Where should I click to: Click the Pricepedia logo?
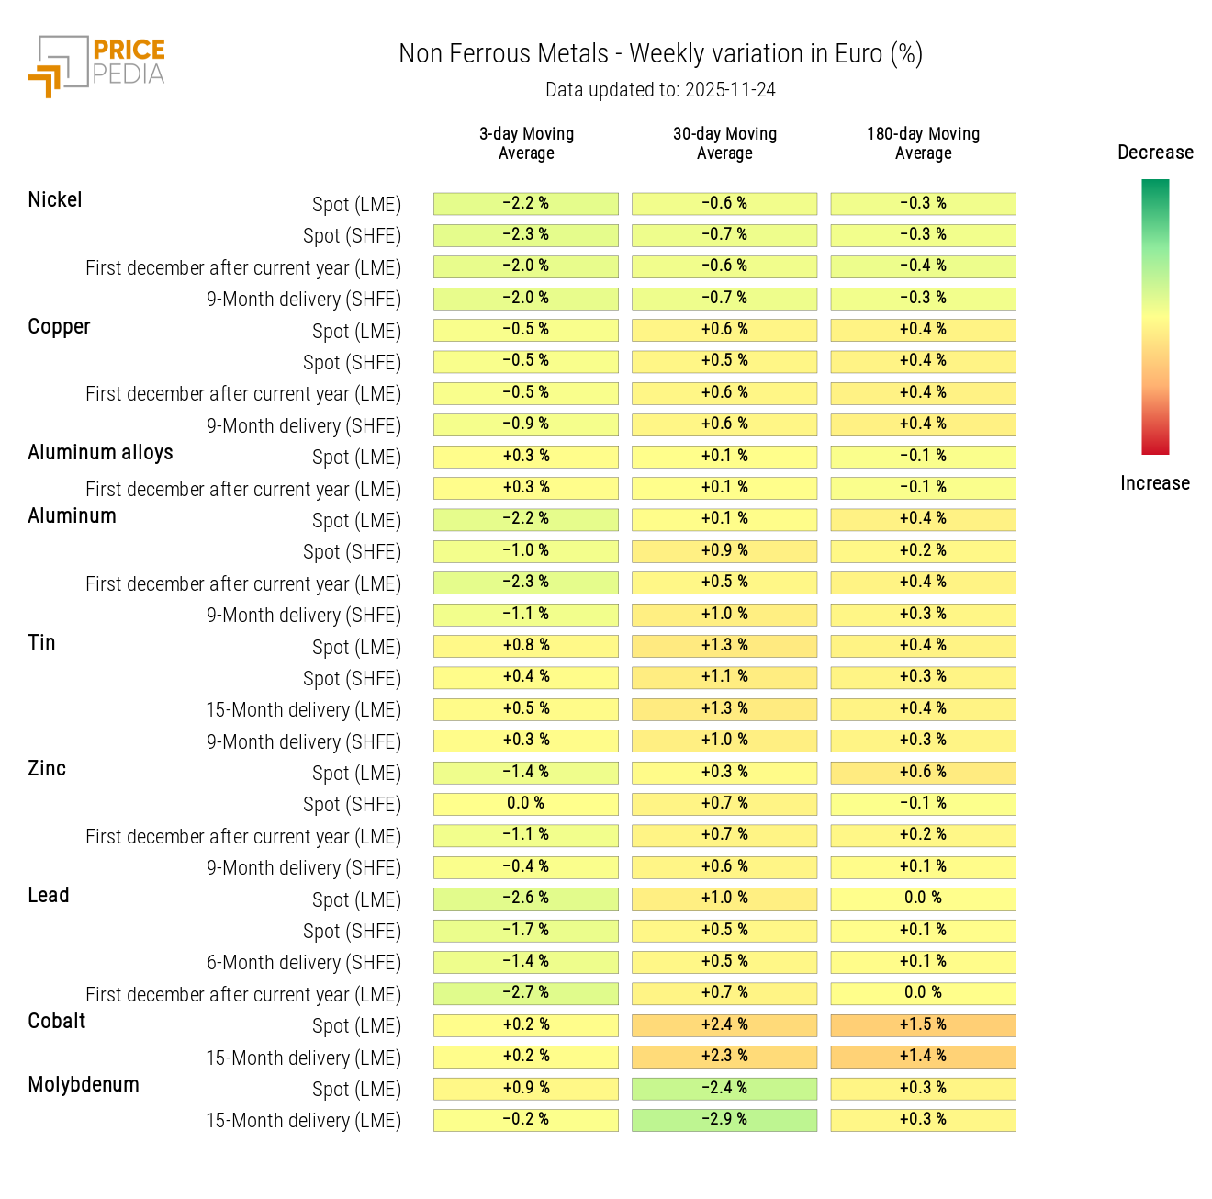tap(97, 65)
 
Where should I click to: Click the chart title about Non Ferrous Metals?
tap(660, 54)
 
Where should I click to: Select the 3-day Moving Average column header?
tap(526, 143)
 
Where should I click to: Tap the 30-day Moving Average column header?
tap(724, 143)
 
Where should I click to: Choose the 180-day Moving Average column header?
tap(923, 143)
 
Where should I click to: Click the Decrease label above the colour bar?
tap(1155, 153)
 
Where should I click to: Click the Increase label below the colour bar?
tap(1154, 483)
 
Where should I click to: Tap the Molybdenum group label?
tap(84, 1085)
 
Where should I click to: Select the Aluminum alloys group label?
tap(100, 453)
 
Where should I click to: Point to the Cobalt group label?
tap(57, 1022)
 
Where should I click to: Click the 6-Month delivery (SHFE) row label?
tap(303, 963)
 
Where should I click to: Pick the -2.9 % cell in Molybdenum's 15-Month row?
tap(724, 1120)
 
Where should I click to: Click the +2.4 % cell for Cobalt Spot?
tap(724, 1025)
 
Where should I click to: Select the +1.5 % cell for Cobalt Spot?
tap(923, 1025)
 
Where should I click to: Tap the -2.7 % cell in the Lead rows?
tap(526, 993)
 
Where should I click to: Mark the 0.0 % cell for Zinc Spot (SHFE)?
tap(526, 804)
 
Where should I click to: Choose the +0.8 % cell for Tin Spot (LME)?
tap(526, 646)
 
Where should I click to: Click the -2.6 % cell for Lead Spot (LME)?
tap(526, 899)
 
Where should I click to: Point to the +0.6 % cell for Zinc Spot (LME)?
tap(923, 773)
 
